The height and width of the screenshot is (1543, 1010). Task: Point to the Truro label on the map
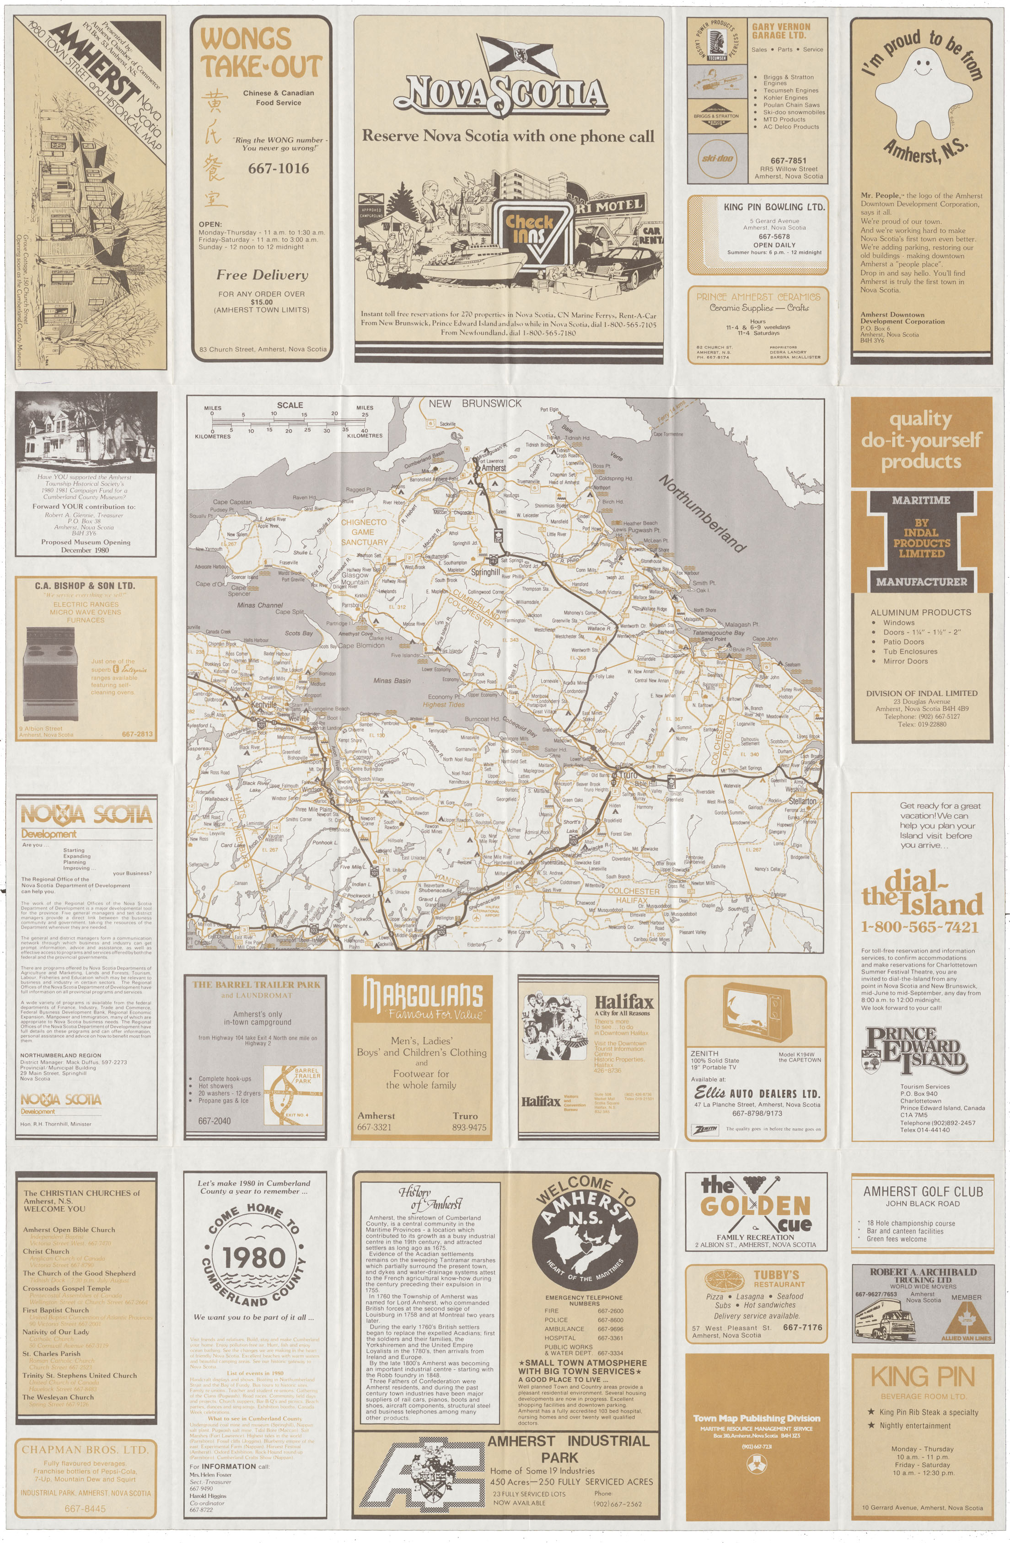(628, 775)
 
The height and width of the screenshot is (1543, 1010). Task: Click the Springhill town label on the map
(485, 572)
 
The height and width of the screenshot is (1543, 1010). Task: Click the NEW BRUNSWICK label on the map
(475, 403)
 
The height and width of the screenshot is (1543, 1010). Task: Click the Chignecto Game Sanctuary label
(364, 532)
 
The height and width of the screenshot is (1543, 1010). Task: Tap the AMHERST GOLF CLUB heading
(923, 1191)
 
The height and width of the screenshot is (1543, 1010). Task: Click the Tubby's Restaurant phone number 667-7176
(802, 1327)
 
